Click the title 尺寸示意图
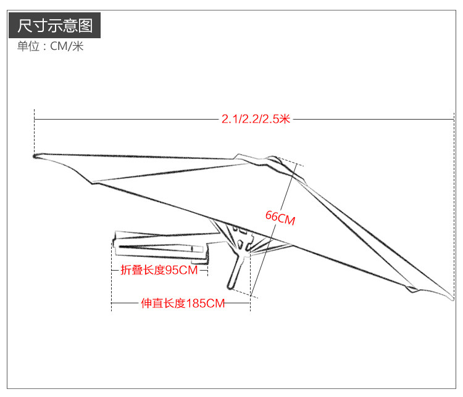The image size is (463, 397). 55,26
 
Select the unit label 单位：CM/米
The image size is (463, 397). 50,47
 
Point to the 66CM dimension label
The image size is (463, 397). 280,217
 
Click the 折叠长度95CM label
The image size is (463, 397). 159,270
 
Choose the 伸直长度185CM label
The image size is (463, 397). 182,303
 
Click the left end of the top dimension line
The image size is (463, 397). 35,119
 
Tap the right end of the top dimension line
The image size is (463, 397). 454,119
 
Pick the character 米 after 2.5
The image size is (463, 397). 284,119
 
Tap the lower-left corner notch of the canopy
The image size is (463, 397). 93,182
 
